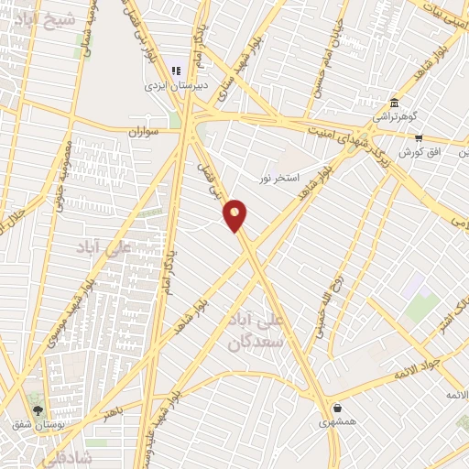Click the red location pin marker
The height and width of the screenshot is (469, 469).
coord(235,215)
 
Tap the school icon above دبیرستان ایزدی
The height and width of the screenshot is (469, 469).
coord(177,71)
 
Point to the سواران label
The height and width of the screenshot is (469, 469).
coord(144,132)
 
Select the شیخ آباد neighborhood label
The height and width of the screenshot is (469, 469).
coord(38,17)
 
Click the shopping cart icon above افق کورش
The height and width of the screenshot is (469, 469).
coord(419,136)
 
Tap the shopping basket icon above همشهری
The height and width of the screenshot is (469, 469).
coord(338,408)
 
